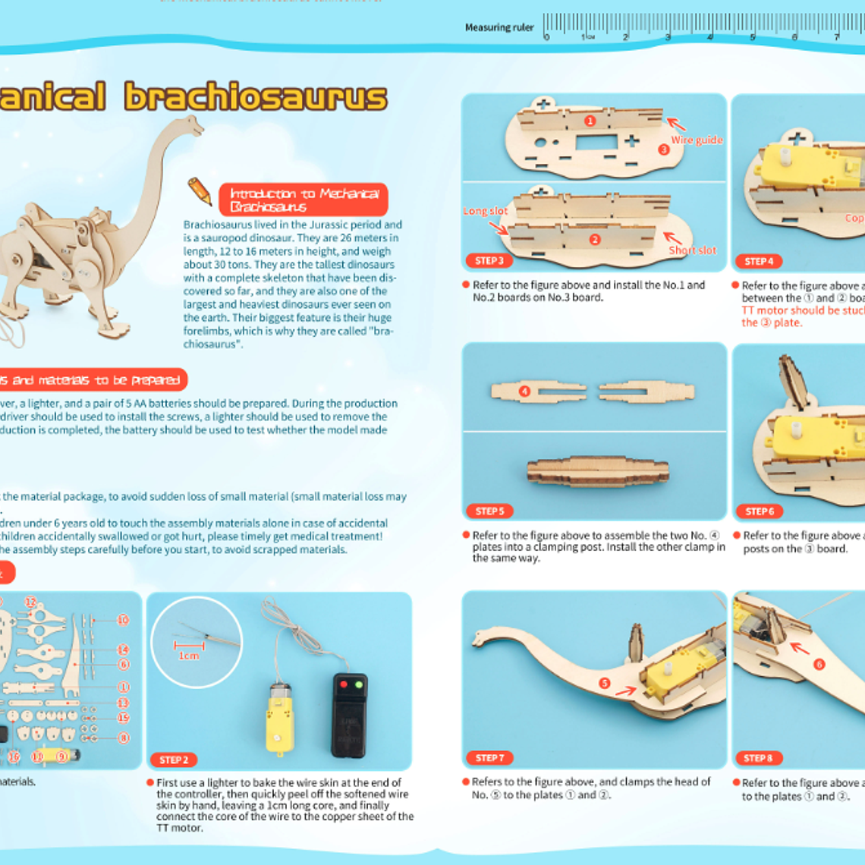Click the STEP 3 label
(x=489, y=261)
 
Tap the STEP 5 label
(x=489, y=511)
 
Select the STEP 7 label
(x=489, y=758)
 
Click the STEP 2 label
(x=174, y=760)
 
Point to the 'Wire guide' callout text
(x=696, y=140)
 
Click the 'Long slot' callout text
(x=485, y=211)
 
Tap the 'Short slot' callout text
(x=692, y=250)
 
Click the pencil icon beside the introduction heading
(x=200, y=191)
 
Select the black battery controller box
(x=350, y=715)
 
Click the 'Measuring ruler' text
(x=499, y=27)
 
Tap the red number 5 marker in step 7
(x=605, y=683)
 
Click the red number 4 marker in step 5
(x=524, y=391)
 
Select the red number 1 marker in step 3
(x=590, y=120)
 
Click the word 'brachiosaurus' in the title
(x=256, y=97)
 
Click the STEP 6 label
(x=759, y=511)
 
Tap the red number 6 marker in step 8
(x=819, y=664)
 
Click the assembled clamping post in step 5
(x=598, y=470)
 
